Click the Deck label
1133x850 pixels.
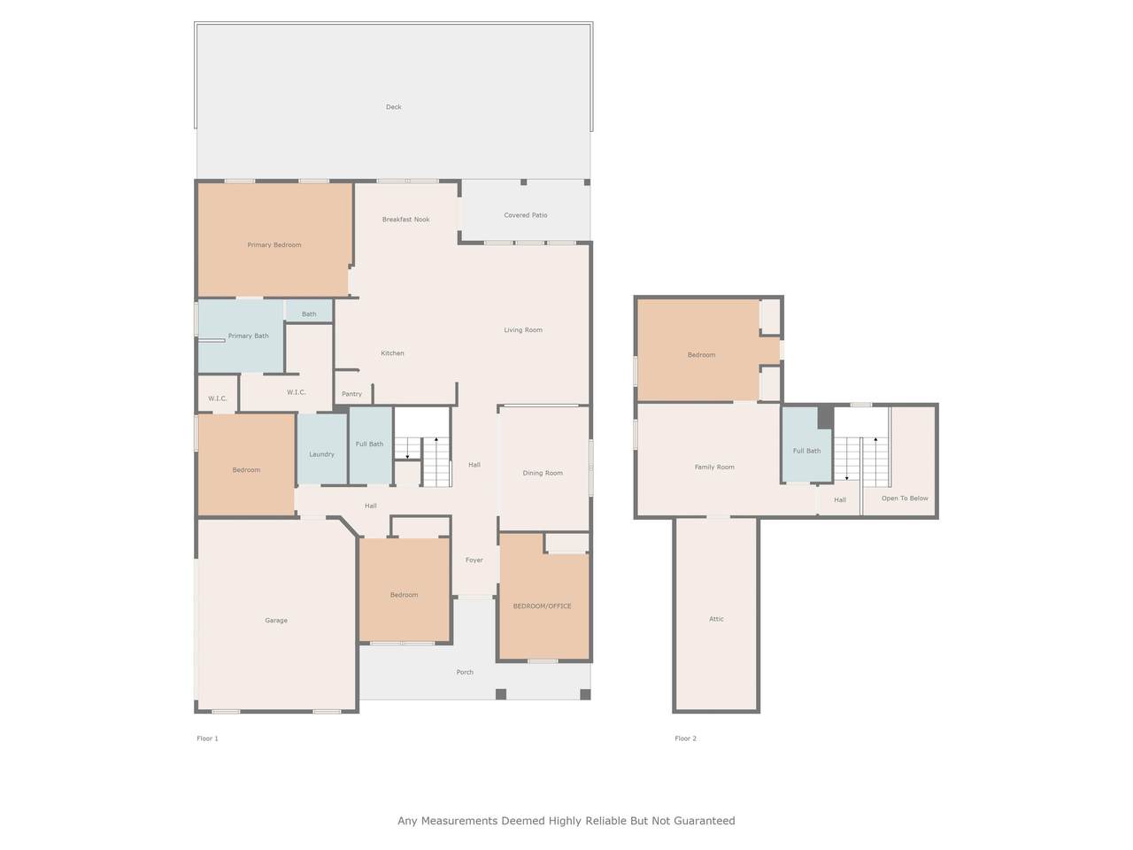click(393, 107)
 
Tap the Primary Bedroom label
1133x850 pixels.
click(274, 244)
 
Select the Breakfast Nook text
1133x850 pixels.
click(405, 220)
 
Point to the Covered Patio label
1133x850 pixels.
click(526, 215)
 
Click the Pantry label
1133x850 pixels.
click(351, 394)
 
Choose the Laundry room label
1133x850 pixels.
click(321, 454)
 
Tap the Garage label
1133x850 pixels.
click(276, 621)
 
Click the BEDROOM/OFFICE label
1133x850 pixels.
click(542, 606)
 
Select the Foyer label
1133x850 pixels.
click(474, 560)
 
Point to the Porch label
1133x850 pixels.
click(465, 672)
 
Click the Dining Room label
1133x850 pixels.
click(543, 473)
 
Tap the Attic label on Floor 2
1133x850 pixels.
click(716, 619)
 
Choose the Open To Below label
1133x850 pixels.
click(905, 498)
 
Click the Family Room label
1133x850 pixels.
click(714, 467)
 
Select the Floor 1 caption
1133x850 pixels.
click(207, 738)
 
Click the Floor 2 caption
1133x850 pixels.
click(685, 738)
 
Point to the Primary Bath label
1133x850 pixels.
click(248, 336)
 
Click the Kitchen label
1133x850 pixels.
click(392, 353)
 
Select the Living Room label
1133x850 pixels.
click(523, 329)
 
